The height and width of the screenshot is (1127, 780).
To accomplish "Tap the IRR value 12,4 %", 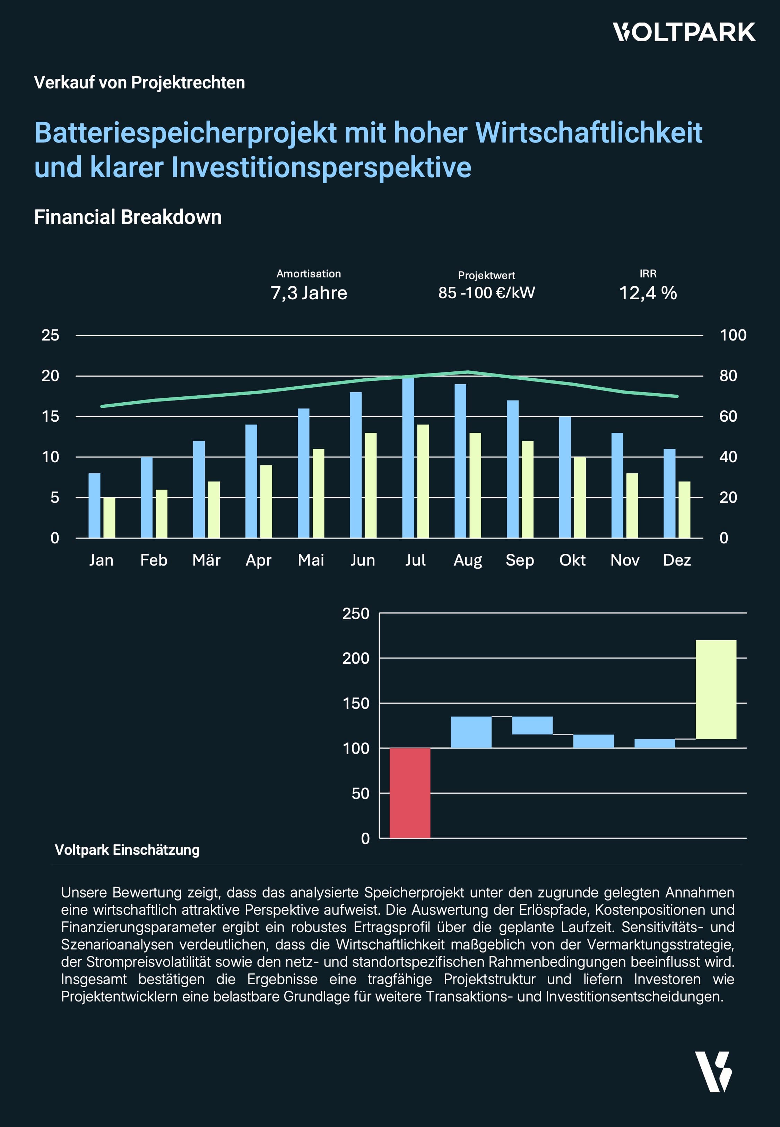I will tap(648, 293).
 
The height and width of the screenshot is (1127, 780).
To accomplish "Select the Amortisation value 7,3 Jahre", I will tap(309, 293).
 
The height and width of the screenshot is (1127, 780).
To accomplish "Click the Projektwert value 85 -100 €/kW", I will tap(486, 293).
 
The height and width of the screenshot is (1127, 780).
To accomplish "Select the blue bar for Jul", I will tap(408, 457).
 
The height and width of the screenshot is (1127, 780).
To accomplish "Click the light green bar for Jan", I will tap(110, 518).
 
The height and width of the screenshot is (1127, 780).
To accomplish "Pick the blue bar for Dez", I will tap(669, 493).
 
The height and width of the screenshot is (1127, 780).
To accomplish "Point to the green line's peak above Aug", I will tap(468, 372).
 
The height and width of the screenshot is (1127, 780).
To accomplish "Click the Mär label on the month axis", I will tap(206, 560).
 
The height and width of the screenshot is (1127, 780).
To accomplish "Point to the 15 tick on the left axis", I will tap(50, 416).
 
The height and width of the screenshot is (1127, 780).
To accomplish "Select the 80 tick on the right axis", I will tap(728, 376).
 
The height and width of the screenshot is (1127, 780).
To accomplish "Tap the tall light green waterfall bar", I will tap(716, 689).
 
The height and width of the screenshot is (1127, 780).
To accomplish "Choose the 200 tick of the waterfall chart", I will tap(355, 658).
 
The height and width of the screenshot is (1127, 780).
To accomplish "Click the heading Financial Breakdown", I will tap(128, 217).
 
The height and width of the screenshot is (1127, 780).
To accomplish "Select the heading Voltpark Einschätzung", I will tap(127, 850).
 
